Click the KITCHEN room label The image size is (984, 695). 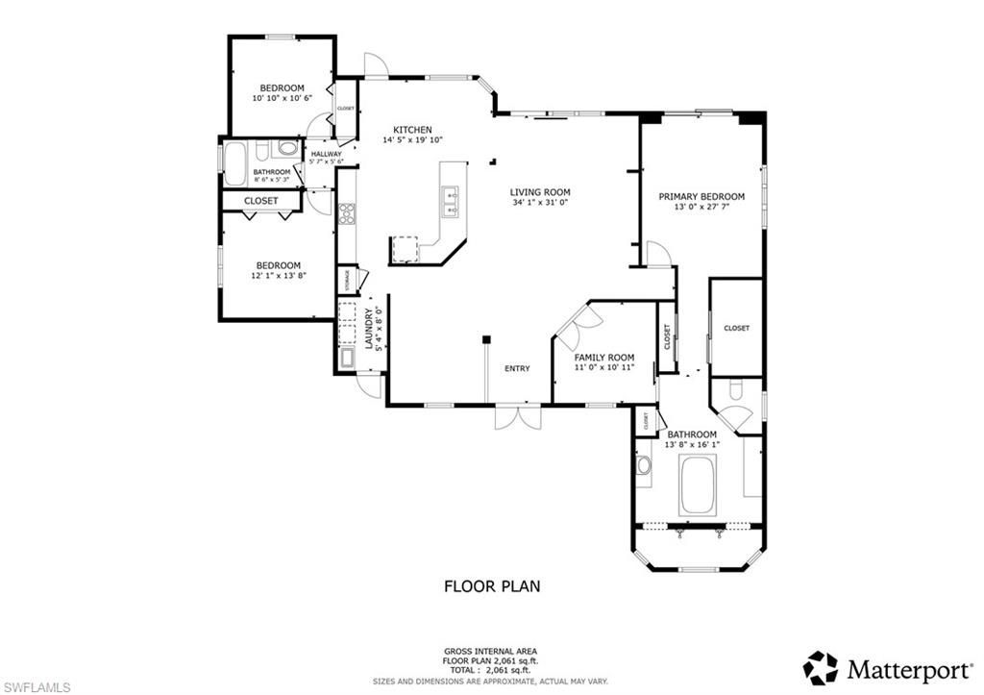pyautogui.click(x=412, y=130)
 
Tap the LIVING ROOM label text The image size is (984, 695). pyautogui.click(x=540, y=191)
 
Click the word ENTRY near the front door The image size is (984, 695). pyautogui.click(x=517, y=368)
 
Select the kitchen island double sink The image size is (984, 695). pyautogui.click(x=450, y=203)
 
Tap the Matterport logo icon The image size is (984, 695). pyautogui.click(x=821, y=667)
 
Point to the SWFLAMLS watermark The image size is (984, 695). pyautogui.click(x=36, y=686)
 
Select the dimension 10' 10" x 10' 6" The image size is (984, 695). pyautogui.click(x=278, y=98)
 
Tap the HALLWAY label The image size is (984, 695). pyautogui.click(x=326, y=154)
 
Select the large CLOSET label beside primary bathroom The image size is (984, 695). pyautogui.click(x=736, y=328)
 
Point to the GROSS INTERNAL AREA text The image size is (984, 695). pyautogui.click(x=491, y=651)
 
